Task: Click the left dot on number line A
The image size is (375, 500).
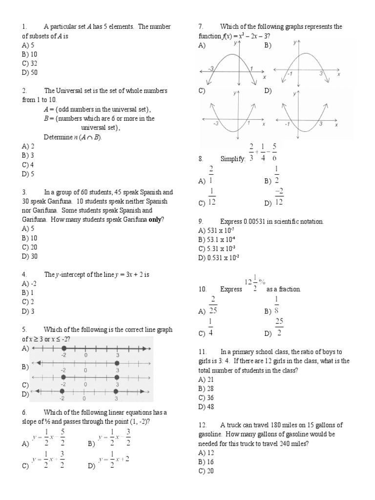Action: click(63, 349)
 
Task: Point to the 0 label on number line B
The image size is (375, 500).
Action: click(85, 370)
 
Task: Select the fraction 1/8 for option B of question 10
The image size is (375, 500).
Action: click(276, 304)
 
